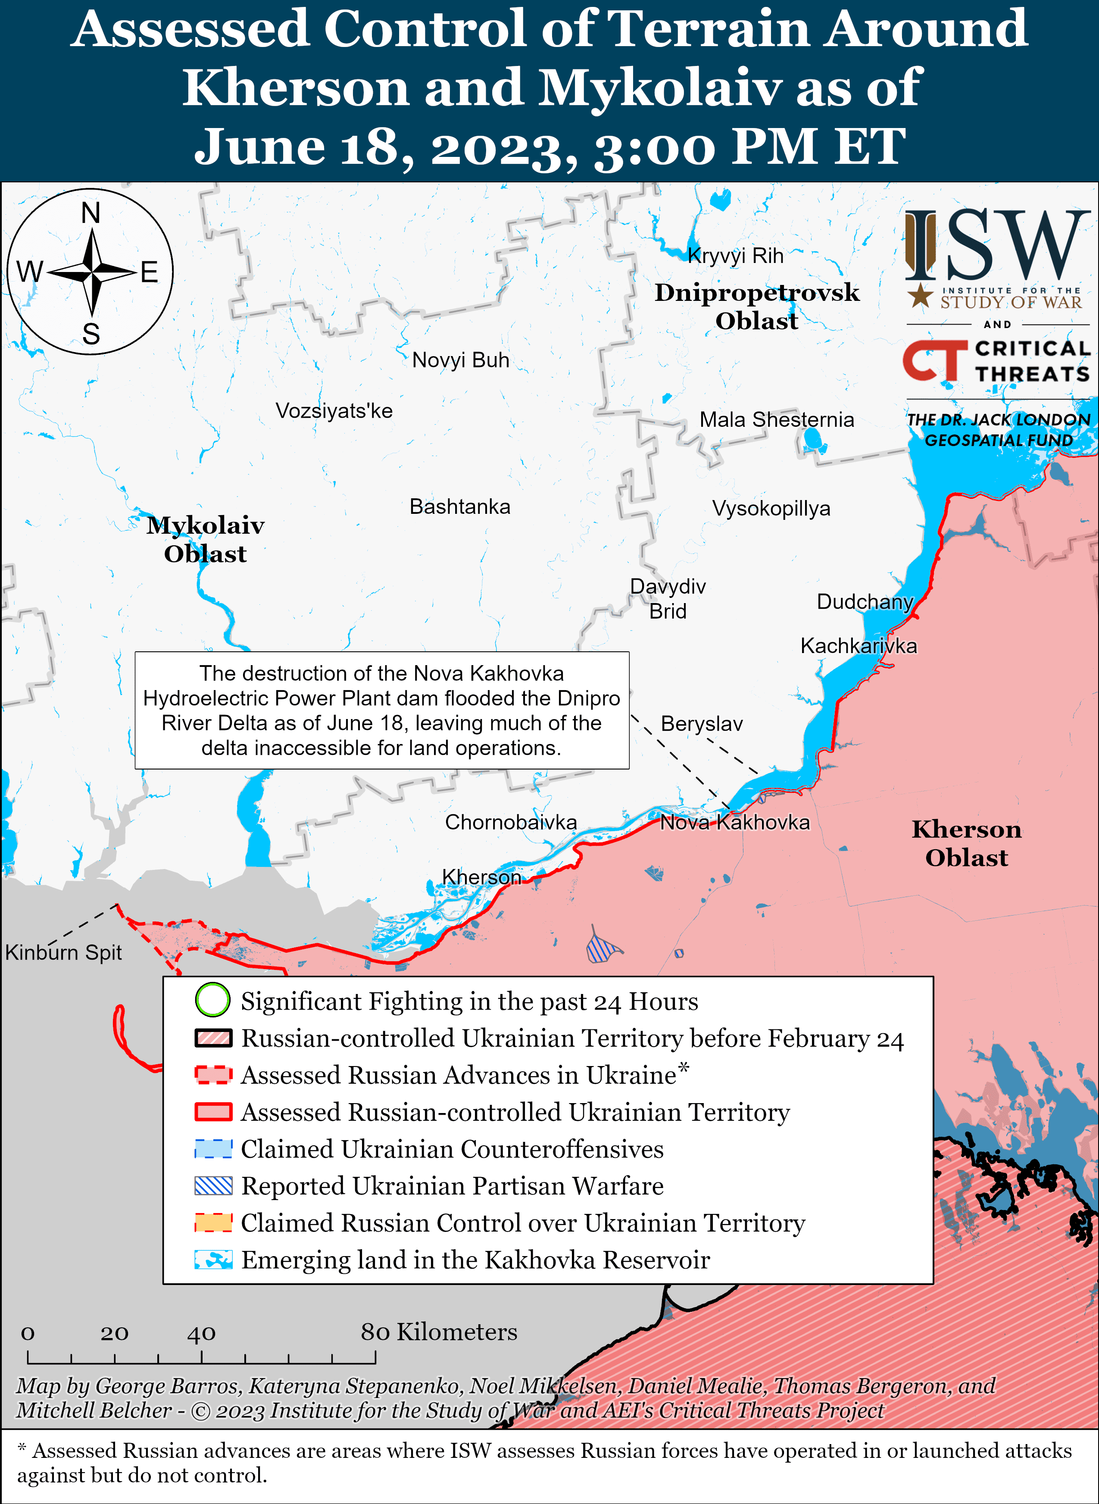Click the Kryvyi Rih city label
point(735,256)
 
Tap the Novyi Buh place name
point(460,360)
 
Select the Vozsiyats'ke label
point(334,410)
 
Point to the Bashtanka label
point(460,506)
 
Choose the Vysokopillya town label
point(771,508)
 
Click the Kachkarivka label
point(858,645)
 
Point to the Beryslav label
point(701,723)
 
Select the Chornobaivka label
point(510,822)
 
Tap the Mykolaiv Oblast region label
point(206,539)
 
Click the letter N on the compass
point(91,213)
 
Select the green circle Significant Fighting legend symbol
point(213,1001)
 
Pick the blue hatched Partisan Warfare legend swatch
point(213,1185)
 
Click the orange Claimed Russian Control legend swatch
point(213,1223)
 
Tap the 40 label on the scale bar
point(201,1332)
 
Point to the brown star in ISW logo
point(920,295)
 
